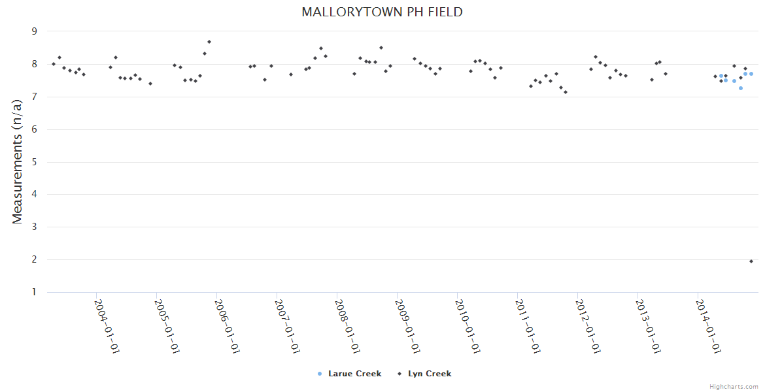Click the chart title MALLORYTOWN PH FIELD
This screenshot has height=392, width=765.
pos(382,12)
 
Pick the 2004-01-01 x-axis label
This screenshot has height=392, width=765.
pos(107,326)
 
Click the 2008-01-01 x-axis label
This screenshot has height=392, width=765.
pos(347,326)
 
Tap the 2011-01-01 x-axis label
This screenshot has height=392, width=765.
pos(528,326)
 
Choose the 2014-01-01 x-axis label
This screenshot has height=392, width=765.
pos(708,326)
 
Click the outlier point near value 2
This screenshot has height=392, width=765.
pos(751,261)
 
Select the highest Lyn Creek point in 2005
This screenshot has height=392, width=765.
pos(209,42)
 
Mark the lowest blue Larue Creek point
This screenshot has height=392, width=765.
pos(741,88)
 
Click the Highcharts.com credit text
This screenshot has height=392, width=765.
pos(734,387)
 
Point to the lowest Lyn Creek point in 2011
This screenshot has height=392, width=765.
pos(566,92)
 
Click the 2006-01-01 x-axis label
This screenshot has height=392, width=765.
pos(227,326)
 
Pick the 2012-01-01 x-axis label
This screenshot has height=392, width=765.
pos(588,326)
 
